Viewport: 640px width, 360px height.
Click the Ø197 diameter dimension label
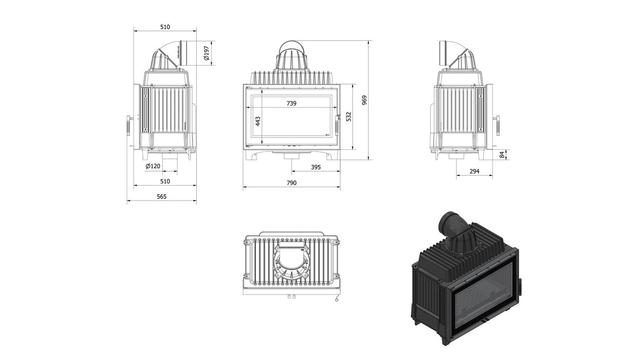(206, 53)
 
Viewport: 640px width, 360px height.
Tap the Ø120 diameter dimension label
(153, 166)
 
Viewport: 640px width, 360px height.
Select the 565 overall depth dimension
(162, 197)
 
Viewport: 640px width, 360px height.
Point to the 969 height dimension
(364, 100)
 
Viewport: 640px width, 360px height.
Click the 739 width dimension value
(291, 103)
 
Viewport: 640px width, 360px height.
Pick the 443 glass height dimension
(258, 121)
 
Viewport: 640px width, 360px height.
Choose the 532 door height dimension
(348, 117)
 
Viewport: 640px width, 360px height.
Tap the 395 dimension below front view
(316, 167)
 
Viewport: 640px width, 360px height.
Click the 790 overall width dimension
(291, 183)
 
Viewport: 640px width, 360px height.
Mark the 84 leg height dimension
(502, 155)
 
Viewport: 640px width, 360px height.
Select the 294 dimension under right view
(474, 171)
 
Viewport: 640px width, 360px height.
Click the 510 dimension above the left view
(165, 27)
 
